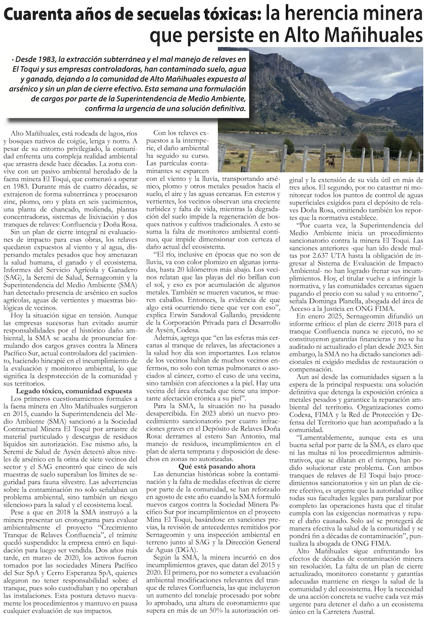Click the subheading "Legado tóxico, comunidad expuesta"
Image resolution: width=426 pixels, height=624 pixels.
click(74, 391)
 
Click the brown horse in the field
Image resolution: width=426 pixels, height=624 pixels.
click(330, 163)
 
